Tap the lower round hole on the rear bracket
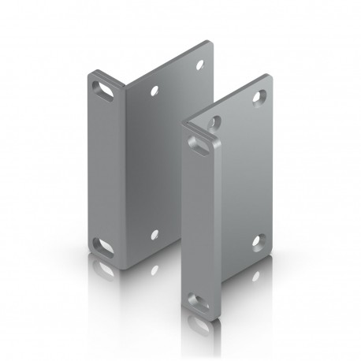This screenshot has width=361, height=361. click(x=154, y=233)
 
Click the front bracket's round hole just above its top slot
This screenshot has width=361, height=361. click(x=214, y=121)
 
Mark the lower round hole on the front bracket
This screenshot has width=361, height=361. click(x=256, y=240)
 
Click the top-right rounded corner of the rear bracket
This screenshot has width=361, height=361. click(x=210, y=43)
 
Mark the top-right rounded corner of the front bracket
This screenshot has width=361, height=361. click(x=270, y=78)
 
